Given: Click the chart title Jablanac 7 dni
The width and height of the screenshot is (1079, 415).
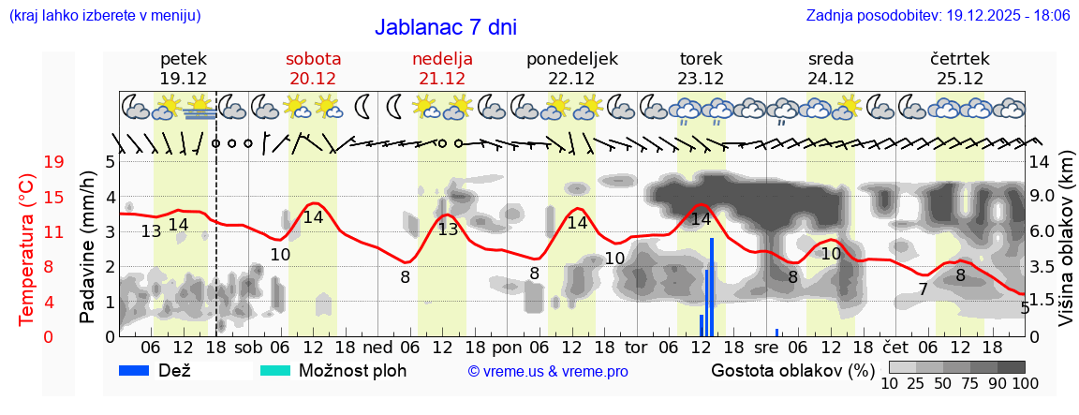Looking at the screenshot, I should pos(445,27).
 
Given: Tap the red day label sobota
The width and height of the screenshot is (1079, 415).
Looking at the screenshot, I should pos(313,58).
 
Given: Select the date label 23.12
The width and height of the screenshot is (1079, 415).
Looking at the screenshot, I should pos(701,79).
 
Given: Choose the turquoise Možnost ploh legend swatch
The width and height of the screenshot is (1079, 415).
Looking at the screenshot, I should pos(275,370).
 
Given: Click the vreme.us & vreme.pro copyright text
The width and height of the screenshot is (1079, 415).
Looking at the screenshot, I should pos(548,371).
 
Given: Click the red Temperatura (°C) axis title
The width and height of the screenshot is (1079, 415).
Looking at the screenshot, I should pos(28,249).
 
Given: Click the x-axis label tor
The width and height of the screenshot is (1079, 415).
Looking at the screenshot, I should pos(636,347).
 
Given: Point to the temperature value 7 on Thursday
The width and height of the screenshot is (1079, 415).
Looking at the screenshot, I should pos(923,289).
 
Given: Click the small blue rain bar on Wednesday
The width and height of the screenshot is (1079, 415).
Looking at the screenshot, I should pos(776,332).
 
